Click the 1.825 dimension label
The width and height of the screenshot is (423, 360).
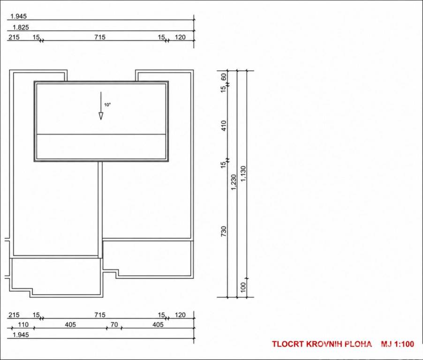tap(21, 27)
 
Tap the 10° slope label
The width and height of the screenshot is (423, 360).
tap(107, 105)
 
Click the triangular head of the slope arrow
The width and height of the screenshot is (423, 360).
tap(101, 116)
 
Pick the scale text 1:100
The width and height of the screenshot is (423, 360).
tap(404, 344)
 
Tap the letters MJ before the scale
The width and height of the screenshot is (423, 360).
tap(386, 344)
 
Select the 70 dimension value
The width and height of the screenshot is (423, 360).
tap(114, 324)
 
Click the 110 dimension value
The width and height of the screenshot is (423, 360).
tap(23, 324)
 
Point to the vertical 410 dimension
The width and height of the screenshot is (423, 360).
tap(224, 126)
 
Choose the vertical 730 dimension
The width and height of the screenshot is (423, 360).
tap(224, 232)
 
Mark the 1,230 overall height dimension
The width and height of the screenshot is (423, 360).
tap(234, 182)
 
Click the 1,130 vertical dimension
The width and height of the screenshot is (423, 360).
tap(243, 173)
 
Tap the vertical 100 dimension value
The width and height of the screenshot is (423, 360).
tap(243, 287)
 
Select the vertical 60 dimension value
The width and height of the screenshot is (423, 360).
tap(224, 77)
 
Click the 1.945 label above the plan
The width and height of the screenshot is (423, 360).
tap(18, 16)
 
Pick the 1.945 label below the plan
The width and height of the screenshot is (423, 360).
tap(21, 335)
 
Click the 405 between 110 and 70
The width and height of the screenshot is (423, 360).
tap(70, 324)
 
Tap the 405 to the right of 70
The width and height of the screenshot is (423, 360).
tap(158, 324)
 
